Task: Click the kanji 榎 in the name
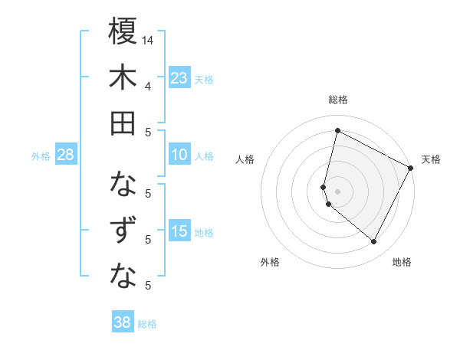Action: tap(123, 32)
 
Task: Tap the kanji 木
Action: tap(123, 77)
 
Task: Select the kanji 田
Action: tap(123, 123)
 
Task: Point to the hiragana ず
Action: tap(123, 231)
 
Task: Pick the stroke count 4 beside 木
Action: tap(148, 86)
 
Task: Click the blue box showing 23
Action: tap(179, 78)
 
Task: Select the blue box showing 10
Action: tap(179, 155)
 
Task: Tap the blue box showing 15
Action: tap(179, 232)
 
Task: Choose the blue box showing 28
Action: tap(66, 155)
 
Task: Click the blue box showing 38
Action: tap(123, 322)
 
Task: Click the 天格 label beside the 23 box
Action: tap(204, 80)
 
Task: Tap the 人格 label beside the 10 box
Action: tap(204, 156)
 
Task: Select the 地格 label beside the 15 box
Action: tap(204, 233)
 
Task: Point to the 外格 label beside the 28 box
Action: tap(41, 156)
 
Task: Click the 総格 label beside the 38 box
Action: tap(147, 324)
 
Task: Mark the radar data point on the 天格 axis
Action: tap(411, 169)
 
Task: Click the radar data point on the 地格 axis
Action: tap(373, 242)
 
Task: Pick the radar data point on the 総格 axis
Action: tap(337, 131)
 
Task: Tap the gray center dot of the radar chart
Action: tap(337, 190)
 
